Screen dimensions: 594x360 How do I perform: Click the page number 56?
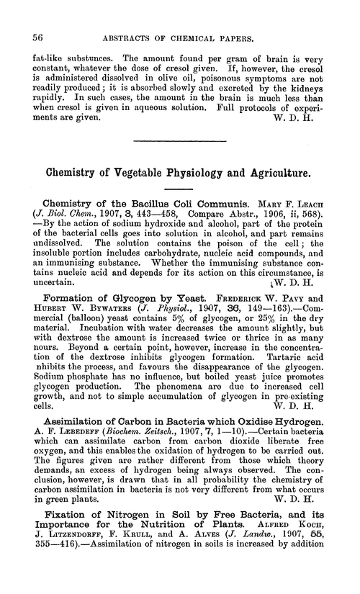coord(30,35)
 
